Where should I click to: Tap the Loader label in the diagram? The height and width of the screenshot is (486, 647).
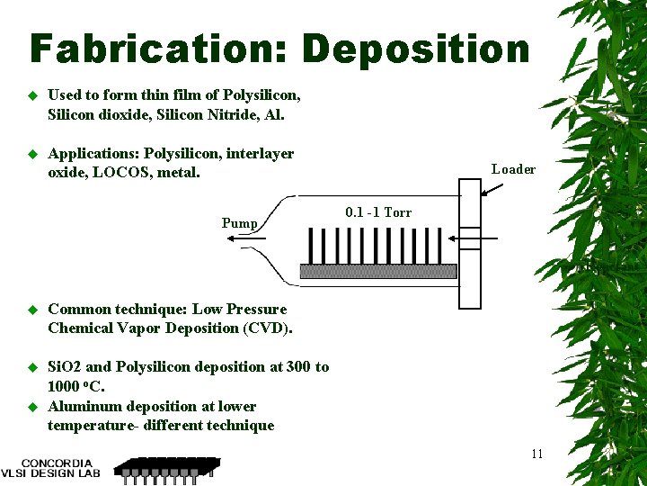click(513, 169)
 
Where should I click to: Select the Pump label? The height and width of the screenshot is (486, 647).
click(240, 223)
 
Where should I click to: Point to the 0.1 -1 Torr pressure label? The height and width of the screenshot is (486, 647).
click(378, 212)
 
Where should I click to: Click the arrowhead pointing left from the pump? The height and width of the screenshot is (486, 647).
click(232, 238)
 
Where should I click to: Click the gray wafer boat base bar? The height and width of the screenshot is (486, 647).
click(378, 271)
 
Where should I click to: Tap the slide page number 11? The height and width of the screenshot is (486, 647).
click(536, 454)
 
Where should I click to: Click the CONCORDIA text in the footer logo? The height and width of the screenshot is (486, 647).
click(57, 463)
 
